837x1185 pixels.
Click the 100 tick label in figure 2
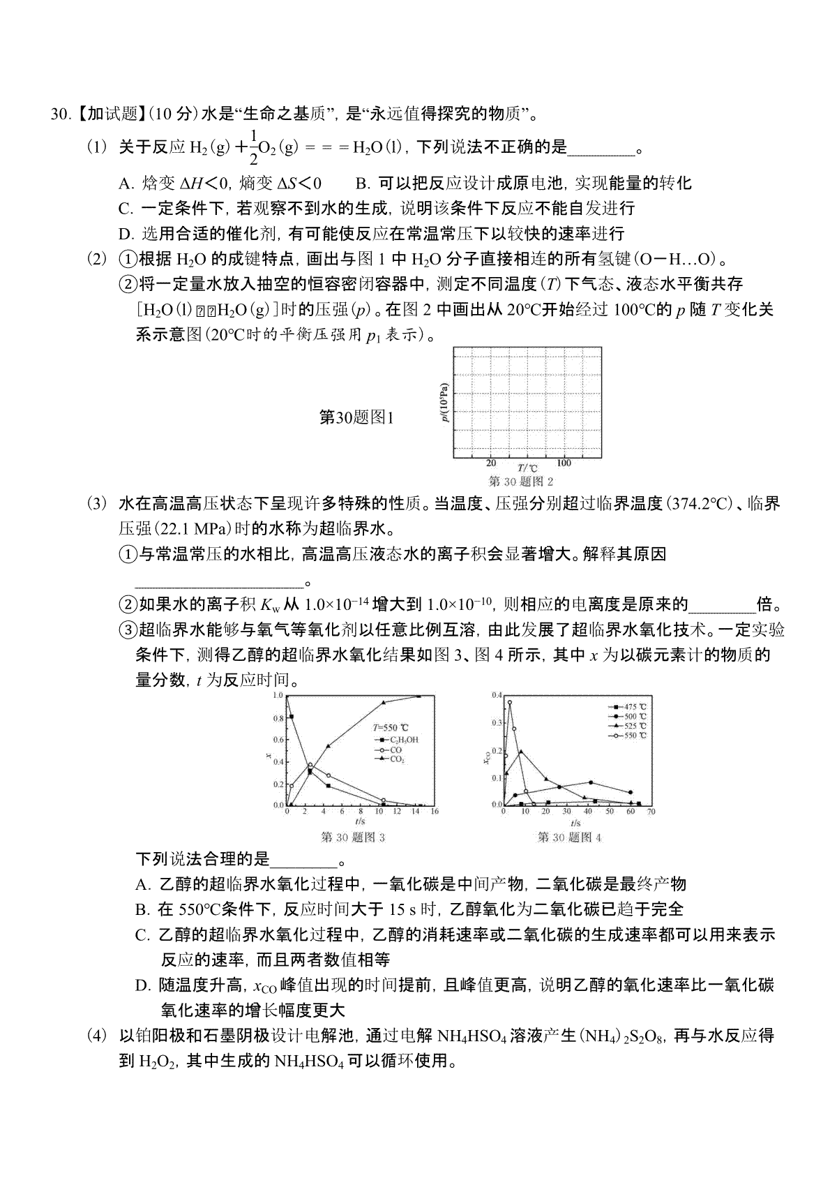coord(564,463)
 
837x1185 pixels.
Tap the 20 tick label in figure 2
coord(491,463)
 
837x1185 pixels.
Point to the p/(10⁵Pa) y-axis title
coord(445,403)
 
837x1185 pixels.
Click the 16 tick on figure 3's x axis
coord(434,811)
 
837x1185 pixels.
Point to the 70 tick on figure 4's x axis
coord(651,812)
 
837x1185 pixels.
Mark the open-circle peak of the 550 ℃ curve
coord(510,702)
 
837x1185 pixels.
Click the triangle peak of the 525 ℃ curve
coord(520,752)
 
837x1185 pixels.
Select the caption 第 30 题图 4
coord(569,837)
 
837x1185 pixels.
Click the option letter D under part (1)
coord(126,234)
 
